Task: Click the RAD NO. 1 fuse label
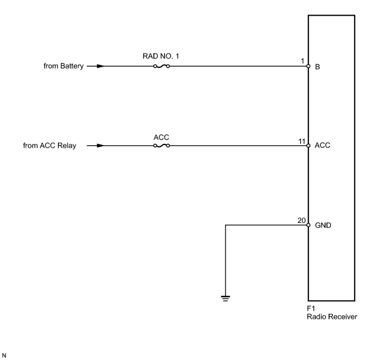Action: [161, 56]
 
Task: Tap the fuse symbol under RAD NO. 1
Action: [161, 66]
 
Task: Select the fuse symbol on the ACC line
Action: [161, 146]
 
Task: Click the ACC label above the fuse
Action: [161, 138]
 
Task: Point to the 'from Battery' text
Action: [64, 66]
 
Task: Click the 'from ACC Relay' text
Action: [49, 146]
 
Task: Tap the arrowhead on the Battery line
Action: [101, 66]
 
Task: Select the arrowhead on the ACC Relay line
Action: [101, 146]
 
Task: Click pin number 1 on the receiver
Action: [302, 61]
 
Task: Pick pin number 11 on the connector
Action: [302, 141]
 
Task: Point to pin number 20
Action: [302, 220]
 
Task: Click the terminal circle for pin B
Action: [308, 66]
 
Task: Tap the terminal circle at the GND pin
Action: [308, 225]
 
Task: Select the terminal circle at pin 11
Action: [308, 146]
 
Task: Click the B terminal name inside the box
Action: [317, 67]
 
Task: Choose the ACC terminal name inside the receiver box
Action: [322, 145]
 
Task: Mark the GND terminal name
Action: [323, 225]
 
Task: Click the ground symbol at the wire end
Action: [226, 298]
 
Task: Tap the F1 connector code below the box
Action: [311, 308]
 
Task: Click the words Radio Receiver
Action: [332, 317]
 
